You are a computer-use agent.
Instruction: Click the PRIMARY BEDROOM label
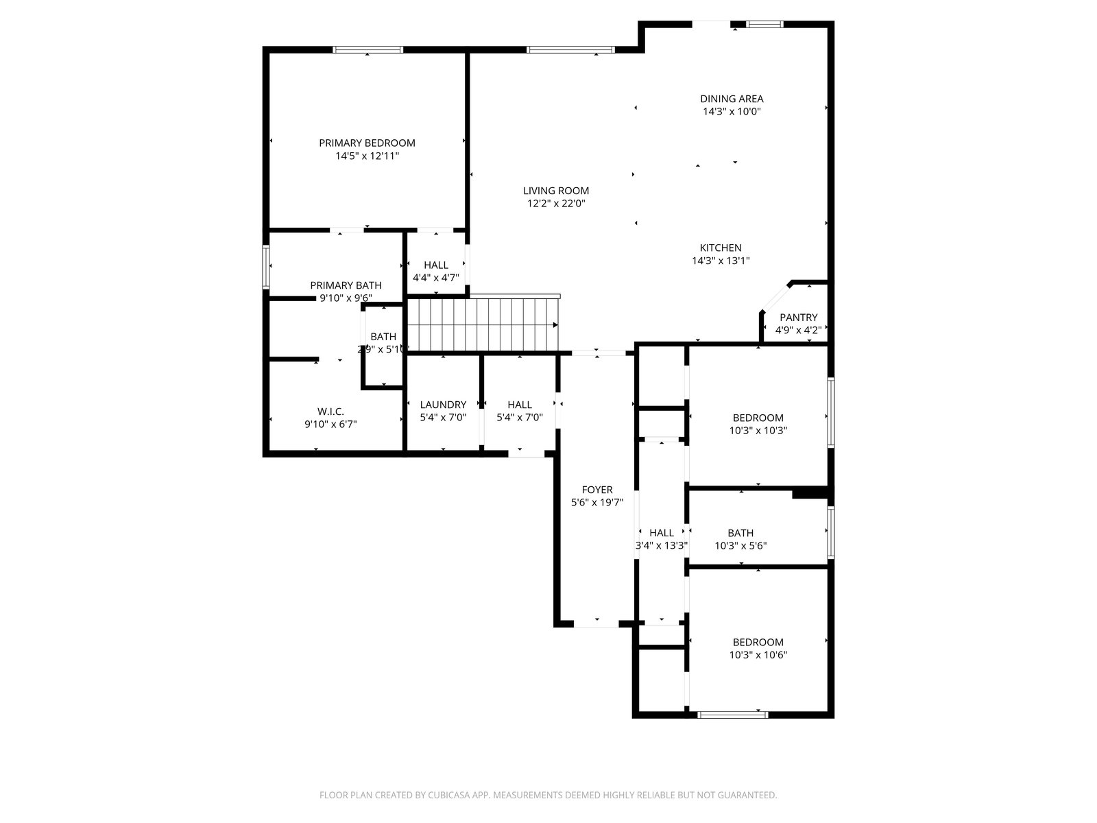pyautogui.click(x=367, y=143)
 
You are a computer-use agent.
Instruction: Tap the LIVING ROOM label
pyautogui.click(x=556, y=191)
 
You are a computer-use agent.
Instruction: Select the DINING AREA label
pyautogui.click(x=731, y=99)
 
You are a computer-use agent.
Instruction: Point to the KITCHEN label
pyautogui.click(x=720, y=248)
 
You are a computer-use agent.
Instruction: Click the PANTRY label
pyautogui.click(x=798, y=318)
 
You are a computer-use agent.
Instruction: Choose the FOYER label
pyautogui.click(x=596, y=490)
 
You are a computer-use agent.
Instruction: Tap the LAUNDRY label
pyautogui.click(x=443, y=405)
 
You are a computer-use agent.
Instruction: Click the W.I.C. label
pyautogui.click(x=330, y=411)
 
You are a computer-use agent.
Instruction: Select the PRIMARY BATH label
pyautogui.click(x=346, y=285)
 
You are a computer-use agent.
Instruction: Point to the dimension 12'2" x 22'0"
pyautogui.click(x=556, y=204)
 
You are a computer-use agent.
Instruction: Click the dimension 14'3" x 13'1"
pyautogui.click(x=720, y=261)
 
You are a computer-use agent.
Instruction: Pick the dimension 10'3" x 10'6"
pyautogui.click(x=758, y=655)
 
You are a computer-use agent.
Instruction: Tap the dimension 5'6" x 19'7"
pyautogui.click(x=596, y=503)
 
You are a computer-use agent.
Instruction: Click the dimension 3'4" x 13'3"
pyautogui.click(x=661, y=546)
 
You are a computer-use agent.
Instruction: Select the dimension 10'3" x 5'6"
pyautogui.click(x=740, y=546)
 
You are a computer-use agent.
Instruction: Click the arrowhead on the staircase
pyautogui.click(x=555, y=325)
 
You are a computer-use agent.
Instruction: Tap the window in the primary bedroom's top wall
pyautogui.click(x=367, y=49)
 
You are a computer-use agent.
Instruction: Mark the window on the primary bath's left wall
pyautogui.click(x=267, y=267)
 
